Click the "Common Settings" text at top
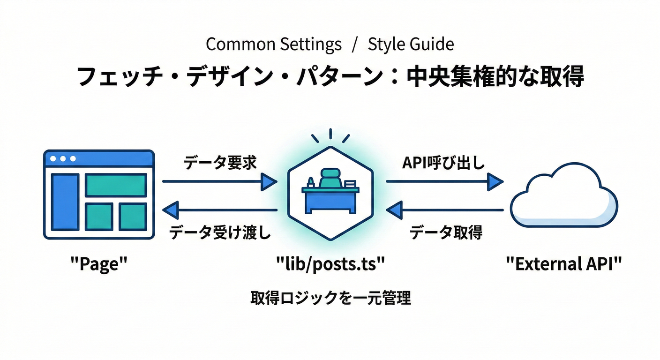pos(274,45)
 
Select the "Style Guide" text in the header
pos(411,45)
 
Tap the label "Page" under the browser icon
pos(99,264)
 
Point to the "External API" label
pos(564,264)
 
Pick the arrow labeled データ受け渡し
pos(220,210)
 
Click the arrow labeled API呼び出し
pos(444,181)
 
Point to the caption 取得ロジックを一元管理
pos(330,298)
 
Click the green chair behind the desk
pos(330,179)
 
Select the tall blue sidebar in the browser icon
pos(65,202)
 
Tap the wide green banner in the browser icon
pos(115,185)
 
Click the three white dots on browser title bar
pos(63,159)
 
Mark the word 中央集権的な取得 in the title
pos(495,76)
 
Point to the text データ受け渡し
pos(220,232)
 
